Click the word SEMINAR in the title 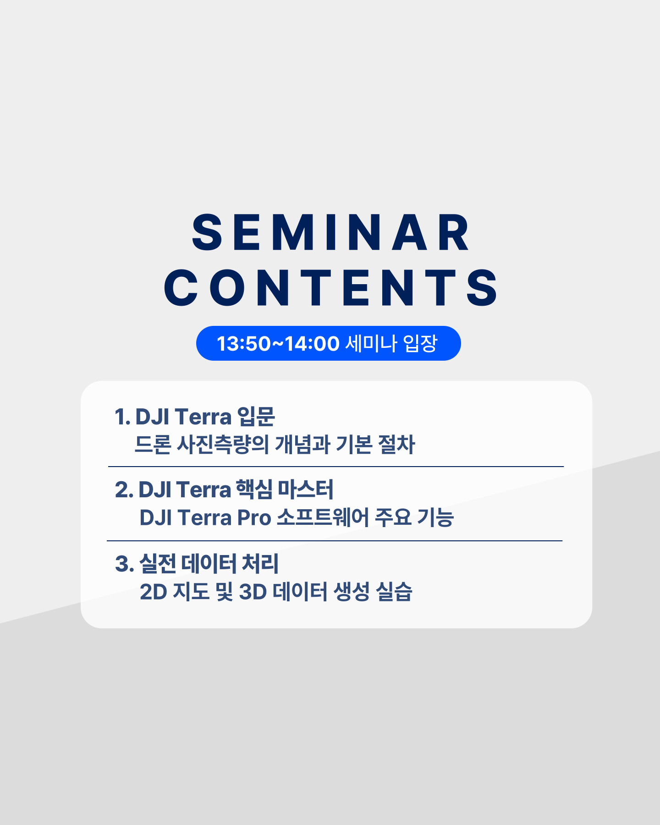330,233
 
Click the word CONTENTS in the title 330,287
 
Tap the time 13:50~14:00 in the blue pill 278,344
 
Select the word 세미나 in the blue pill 371,343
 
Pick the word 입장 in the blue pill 420,343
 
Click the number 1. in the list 122,417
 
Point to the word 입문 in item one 256,417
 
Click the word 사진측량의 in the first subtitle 223,444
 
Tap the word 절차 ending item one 396,444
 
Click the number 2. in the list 124,490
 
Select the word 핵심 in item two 254,489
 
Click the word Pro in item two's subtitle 254,518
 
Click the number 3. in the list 124,564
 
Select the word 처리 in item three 260,564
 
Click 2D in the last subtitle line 154,592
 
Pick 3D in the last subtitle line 253,592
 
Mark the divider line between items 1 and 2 336,467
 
